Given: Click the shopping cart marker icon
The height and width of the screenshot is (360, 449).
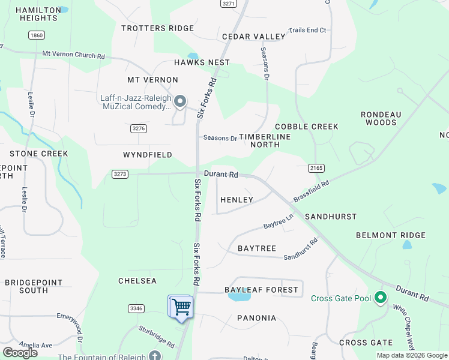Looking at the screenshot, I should [181, 307].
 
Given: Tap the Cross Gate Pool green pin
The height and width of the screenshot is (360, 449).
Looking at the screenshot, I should [379, 298].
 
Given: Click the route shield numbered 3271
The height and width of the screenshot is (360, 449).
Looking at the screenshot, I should [228, 4].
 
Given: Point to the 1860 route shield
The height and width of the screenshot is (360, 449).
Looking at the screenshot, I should [36, 35].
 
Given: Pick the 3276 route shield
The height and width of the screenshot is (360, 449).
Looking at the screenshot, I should [139, 128].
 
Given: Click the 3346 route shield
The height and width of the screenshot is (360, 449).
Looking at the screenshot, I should [136, 308].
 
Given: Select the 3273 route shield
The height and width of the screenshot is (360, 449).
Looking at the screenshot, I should [120, 174].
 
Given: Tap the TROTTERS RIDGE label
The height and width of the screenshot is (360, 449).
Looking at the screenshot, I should [158, 28].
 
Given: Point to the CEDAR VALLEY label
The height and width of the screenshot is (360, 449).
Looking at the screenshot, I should [254, 37].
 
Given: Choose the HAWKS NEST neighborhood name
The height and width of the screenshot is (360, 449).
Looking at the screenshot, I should [202, 62].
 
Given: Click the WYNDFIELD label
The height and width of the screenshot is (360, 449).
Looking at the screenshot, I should [148, 155].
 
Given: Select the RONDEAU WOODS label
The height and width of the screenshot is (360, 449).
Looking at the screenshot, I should [381, 118].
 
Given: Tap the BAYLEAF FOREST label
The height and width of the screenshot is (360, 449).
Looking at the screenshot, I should [261, 290].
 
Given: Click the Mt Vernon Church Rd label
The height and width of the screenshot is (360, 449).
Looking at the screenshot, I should [73, 55].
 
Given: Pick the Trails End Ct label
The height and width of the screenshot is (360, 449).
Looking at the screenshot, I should [307, 30].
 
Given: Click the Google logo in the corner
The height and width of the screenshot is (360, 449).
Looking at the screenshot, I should [20, 353].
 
